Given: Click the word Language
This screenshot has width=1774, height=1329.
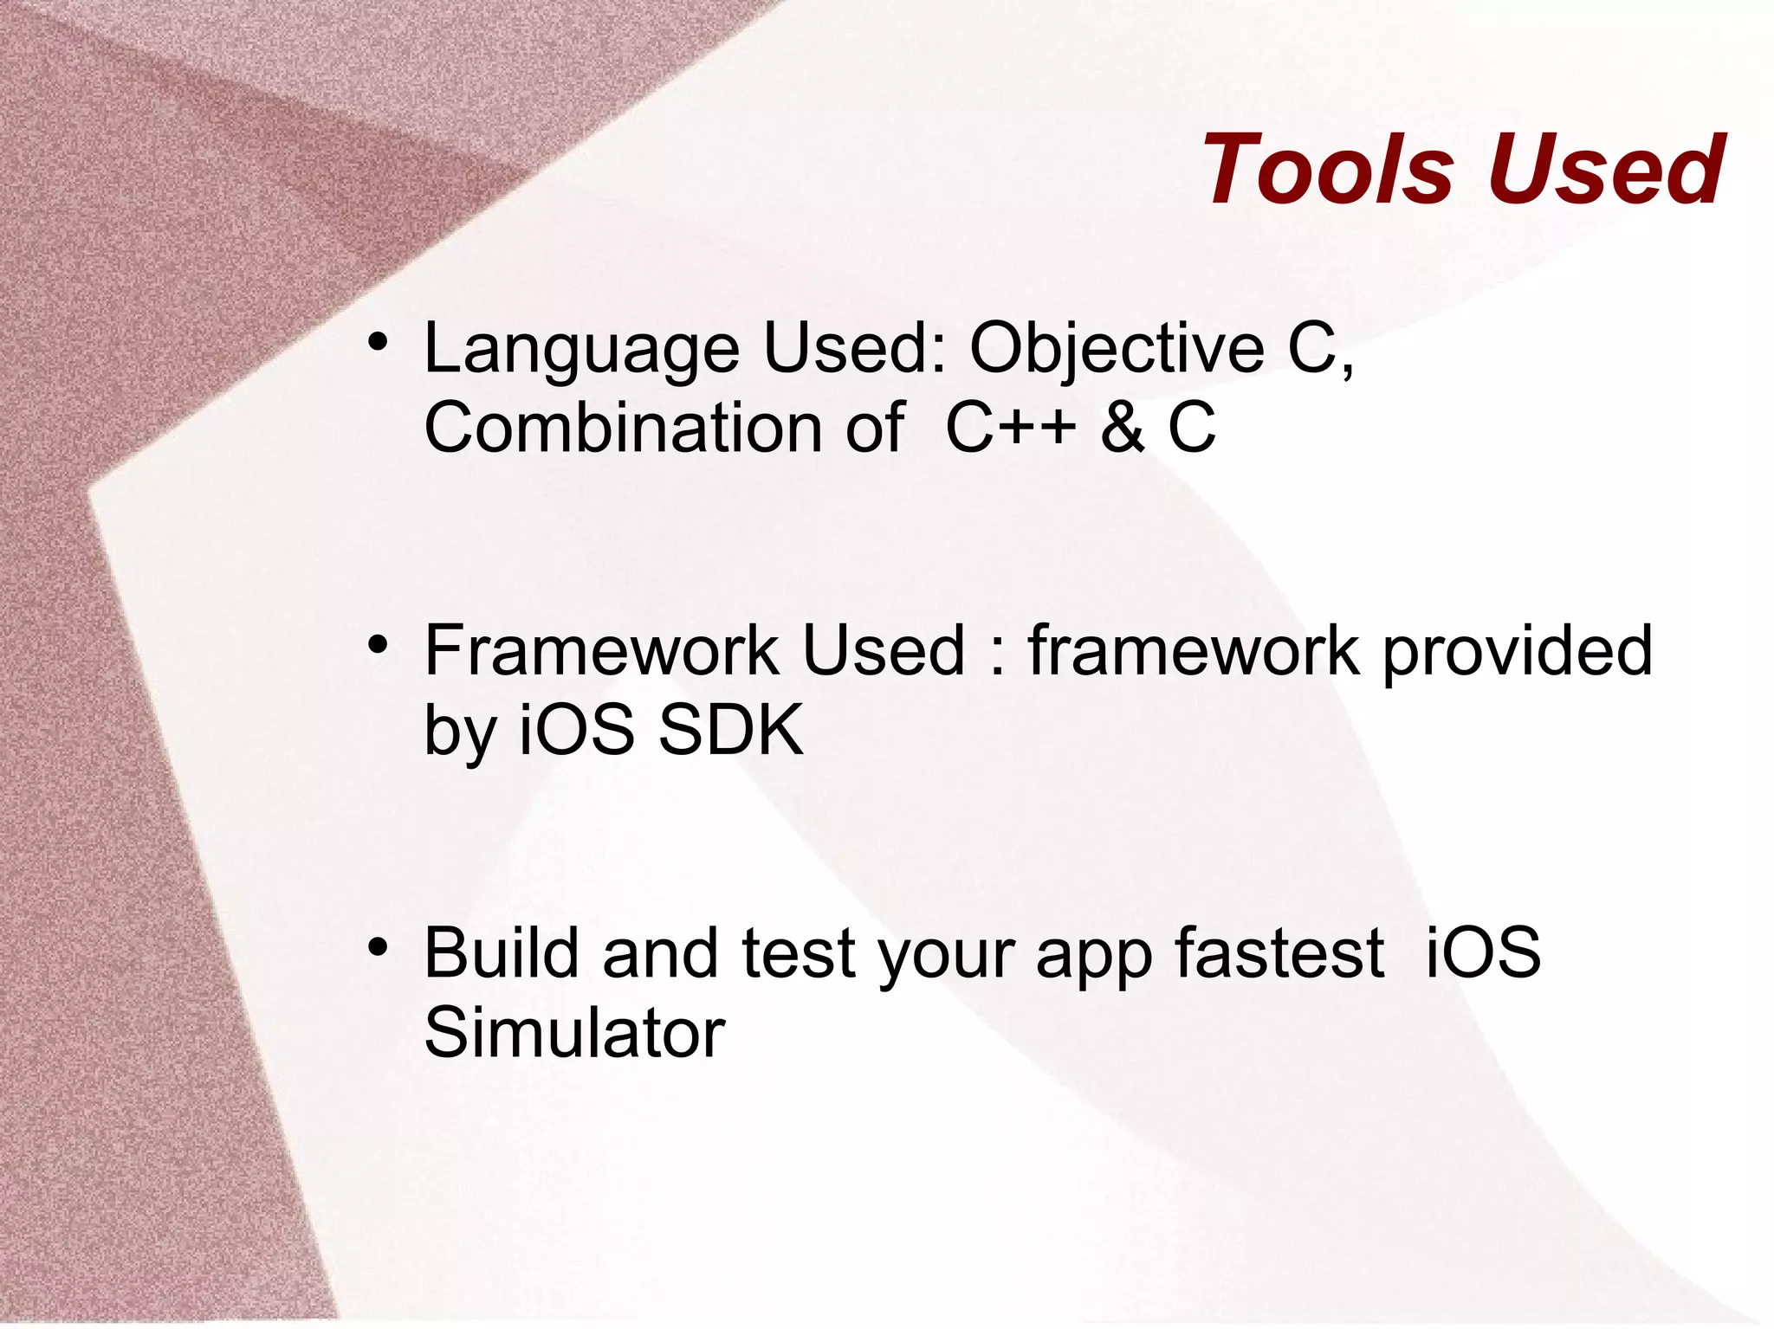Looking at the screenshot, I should (580, 350).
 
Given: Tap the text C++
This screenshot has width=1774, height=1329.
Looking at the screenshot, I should (1010, 428).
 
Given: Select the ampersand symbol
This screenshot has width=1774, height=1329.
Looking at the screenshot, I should (1123, 428).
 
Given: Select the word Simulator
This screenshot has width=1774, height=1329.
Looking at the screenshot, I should (574, 1033).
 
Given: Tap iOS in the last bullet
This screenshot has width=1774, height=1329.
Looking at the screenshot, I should (1482, 953).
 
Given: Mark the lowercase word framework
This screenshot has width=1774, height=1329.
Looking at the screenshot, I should (1194, 651).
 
